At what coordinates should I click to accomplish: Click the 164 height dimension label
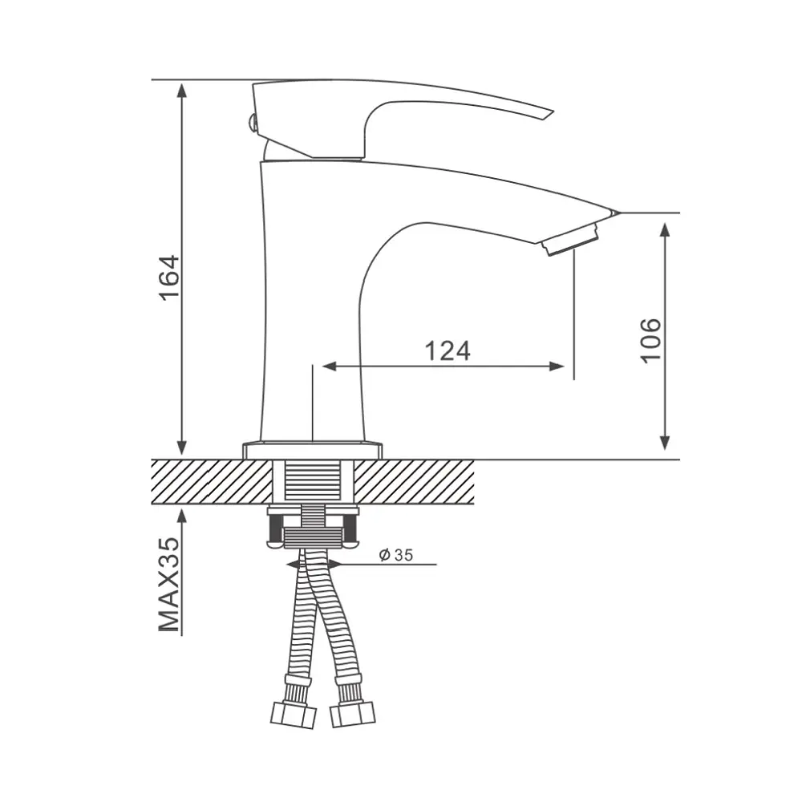pos(170,277)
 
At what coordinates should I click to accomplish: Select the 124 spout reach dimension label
pos(448,351)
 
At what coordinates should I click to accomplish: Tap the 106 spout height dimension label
pos(650,341)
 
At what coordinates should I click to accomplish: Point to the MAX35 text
pos(169,584)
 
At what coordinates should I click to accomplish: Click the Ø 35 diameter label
pos(396,555)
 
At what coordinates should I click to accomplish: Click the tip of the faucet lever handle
pos(553,112)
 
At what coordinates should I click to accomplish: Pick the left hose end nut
pos(293,714)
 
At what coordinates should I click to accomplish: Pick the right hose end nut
pos(352,714)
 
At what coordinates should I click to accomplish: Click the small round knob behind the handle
pos(250,123)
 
